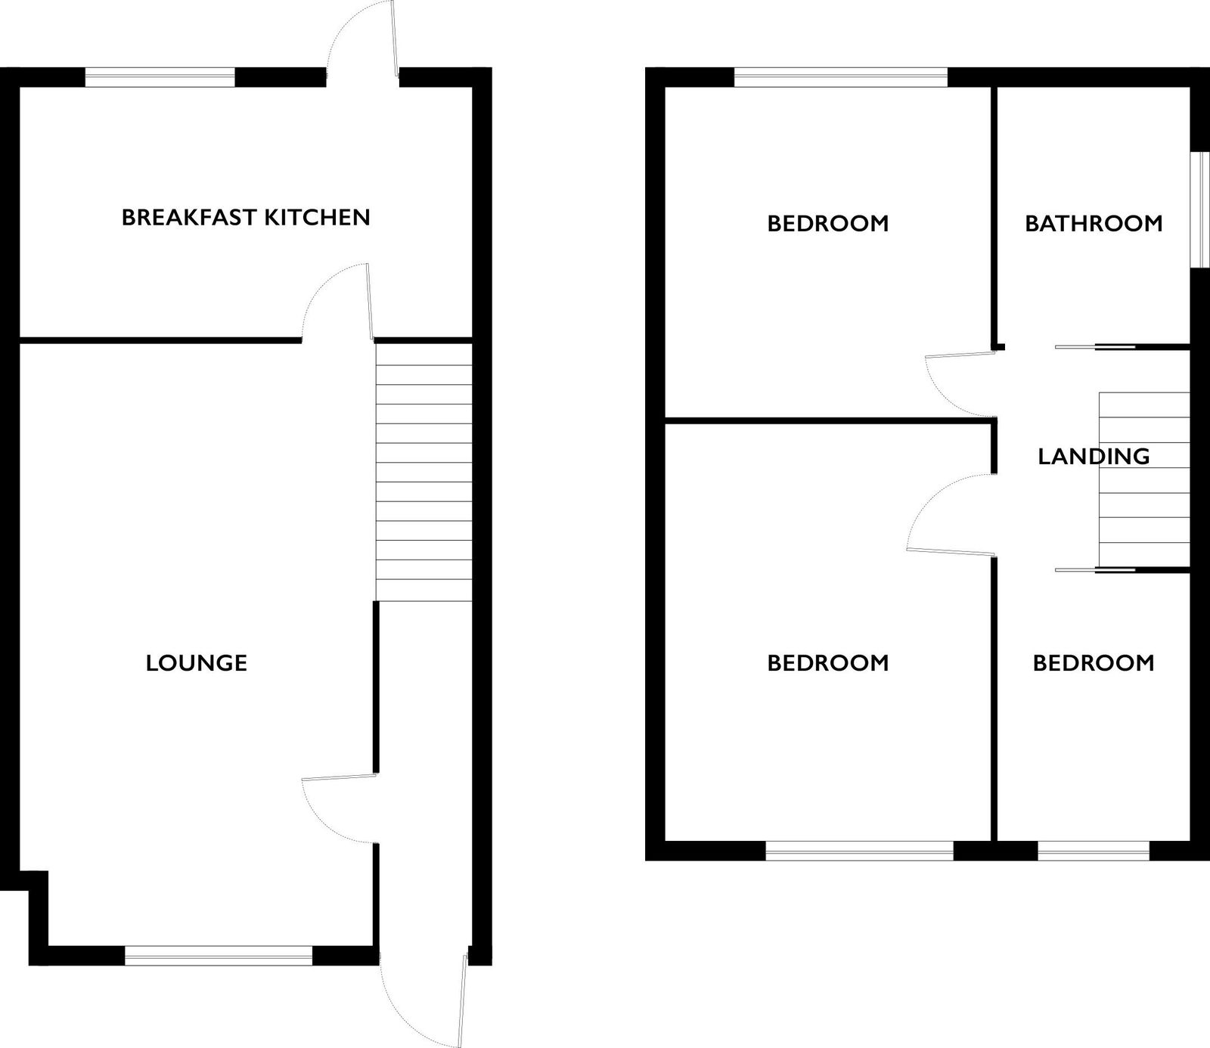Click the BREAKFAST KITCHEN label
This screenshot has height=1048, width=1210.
click(246, 218)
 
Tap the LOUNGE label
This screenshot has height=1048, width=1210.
click(197, 663)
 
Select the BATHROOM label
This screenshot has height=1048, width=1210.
click(1094, 223)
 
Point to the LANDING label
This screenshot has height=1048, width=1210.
click(1094, 456)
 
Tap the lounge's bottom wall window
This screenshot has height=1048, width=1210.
click(219, 956)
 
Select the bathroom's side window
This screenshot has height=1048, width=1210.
click(1199, 210)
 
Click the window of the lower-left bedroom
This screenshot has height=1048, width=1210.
click(860, 851)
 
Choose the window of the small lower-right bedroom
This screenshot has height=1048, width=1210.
click(1094, 851)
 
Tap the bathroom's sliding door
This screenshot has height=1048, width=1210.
click(1095, 347)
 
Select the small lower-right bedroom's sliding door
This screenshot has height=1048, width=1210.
click(1095, 569)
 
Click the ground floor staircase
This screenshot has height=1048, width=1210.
click(423, 473)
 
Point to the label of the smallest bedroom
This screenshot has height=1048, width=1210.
click(1094, 663)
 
